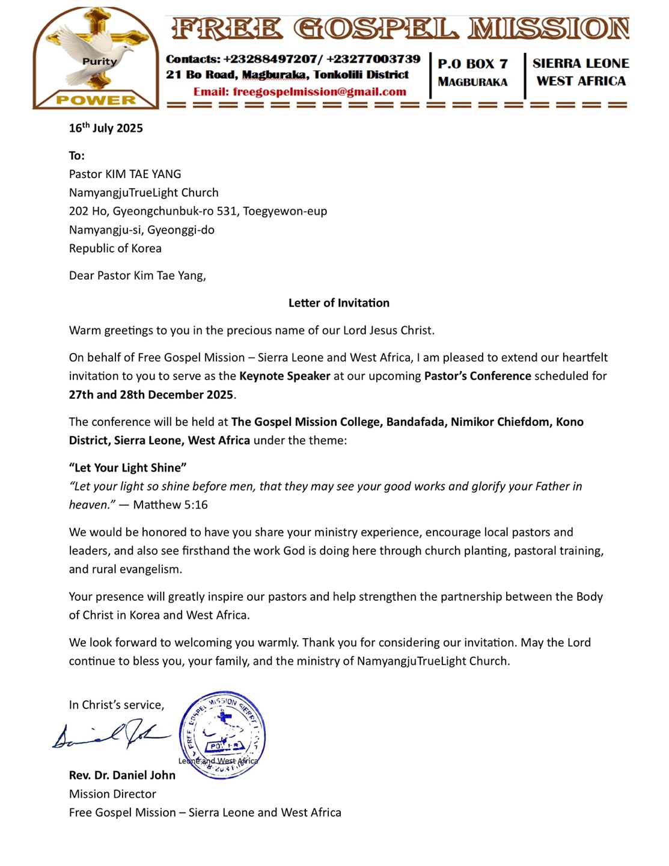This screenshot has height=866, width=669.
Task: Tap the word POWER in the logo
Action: (96, 100)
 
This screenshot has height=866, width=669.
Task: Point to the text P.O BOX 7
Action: (472, 64)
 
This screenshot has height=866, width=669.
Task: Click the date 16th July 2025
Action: (106, 128)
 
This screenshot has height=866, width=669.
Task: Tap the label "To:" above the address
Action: (76, 156)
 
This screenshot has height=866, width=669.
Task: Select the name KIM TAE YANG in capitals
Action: (143, 174)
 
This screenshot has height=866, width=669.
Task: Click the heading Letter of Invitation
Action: (338, 303)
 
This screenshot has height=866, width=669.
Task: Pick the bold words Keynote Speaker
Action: (284, 376)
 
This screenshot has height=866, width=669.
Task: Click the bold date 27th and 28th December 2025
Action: (151, 395)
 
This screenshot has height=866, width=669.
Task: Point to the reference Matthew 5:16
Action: (170, 505)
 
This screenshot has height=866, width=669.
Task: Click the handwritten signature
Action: (111, 734)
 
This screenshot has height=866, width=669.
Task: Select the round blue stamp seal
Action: (222, 734)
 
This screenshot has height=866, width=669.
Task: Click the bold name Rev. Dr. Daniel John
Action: (122, 776)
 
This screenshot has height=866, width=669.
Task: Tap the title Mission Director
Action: (112, 794)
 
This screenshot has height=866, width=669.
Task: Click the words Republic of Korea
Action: (115, 248)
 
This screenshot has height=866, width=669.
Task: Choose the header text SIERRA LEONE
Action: (580, 64)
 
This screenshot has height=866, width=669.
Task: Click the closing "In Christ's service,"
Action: (116, 705)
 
